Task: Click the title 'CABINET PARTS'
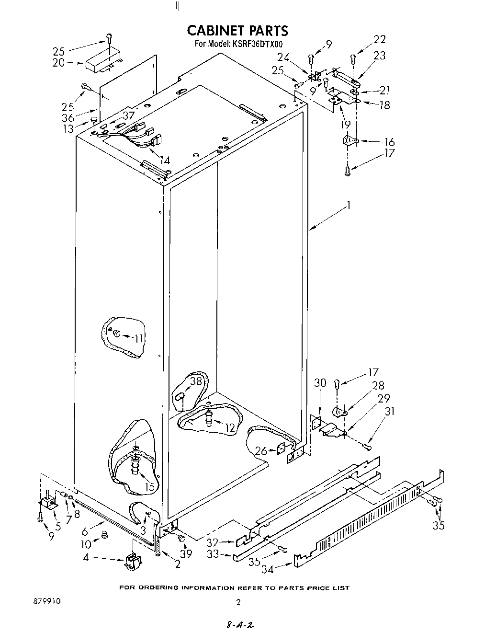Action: point(237,31)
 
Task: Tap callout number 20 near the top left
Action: point(58,62)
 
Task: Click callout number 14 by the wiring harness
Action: point(164,160)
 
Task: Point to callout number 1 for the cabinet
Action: point(349,205)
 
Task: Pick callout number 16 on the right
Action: point(389,142)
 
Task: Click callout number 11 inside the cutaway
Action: point(138,338)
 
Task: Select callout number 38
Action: point(196,381)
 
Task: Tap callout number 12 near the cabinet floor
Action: point(230,427)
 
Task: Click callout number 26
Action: point(261,451)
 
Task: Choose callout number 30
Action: point(320,382)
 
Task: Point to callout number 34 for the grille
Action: point(268,570)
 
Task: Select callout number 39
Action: point(186,554)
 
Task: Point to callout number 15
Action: point(150,486)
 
